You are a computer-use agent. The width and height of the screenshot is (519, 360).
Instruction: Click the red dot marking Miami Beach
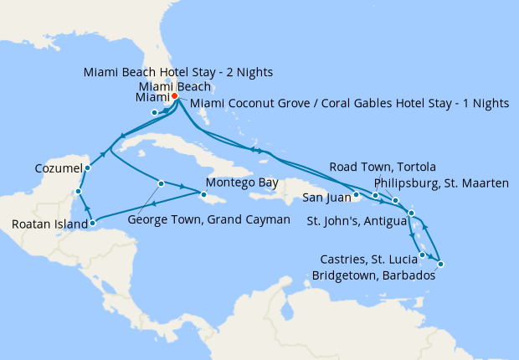(x=175, y=96)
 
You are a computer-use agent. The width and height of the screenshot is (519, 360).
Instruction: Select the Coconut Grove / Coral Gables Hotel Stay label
(x=349, y=103)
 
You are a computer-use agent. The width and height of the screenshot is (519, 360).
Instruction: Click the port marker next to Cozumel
(x=88, y=167)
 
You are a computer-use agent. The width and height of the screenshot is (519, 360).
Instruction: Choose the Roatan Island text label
(x=49, y=224)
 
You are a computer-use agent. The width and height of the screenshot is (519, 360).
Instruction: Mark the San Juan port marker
(x=356, y=196)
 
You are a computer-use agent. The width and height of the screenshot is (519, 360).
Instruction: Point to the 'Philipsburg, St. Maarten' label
(x=442, y=182)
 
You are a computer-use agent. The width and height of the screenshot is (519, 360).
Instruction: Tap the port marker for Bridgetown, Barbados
(x=440, y=265)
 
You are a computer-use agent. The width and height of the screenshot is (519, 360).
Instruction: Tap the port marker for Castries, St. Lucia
(x=423, y=255)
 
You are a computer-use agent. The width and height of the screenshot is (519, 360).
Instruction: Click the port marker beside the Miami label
(x=154, y=112)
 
